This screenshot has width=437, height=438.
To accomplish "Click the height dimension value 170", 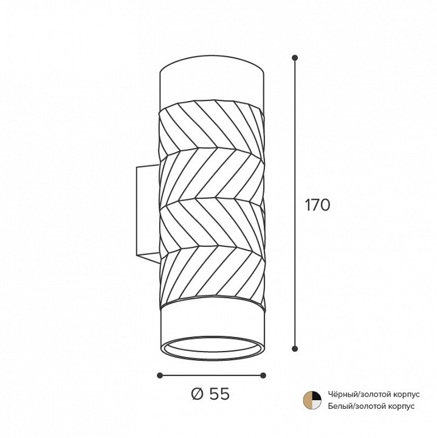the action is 318,205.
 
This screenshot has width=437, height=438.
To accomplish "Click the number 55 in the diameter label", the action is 219,394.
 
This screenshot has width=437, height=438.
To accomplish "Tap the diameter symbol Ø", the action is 198,394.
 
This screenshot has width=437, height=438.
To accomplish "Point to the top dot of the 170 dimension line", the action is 295,58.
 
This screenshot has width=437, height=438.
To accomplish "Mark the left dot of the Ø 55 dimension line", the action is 160,375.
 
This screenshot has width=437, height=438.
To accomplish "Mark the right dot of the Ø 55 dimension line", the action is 263,375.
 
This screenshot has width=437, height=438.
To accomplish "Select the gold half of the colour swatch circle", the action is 308,400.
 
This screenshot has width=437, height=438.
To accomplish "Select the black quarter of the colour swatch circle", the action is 317,396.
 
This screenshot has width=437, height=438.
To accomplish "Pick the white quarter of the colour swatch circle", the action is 317,405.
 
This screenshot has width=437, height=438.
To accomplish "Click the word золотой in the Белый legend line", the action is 370,406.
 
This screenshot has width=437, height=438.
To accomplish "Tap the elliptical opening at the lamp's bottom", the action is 212,348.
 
